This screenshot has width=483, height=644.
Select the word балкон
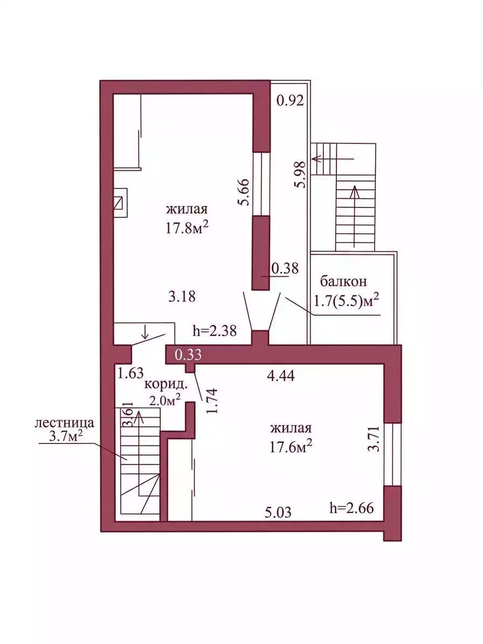point(343,281)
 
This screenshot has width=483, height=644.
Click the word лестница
point(65,423)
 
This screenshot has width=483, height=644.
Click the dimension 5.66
point(245,192)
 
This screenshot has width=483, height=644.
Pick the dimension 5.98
point(300,175)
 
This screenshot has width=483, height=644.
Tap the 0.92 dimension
point(291,100)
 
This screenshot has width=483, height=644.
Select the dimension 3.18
point(182,296)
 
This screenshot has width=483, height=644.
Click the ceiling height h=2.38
point(215,331)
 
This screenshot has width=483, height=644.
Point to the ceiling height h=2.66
point(351,508)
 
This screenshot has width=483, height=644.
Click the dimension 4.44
point(281,376)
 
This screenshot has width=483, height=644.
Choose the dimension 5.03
point(278,512)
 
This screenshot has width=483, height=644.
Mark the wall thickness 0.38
point(285,268)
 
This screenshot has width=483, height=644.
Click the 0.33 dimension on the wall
point(188,355)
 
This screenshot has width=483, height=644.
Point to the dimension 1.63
point(130,373)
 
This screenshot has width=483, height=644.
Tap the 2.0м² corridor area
point(165,399)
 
